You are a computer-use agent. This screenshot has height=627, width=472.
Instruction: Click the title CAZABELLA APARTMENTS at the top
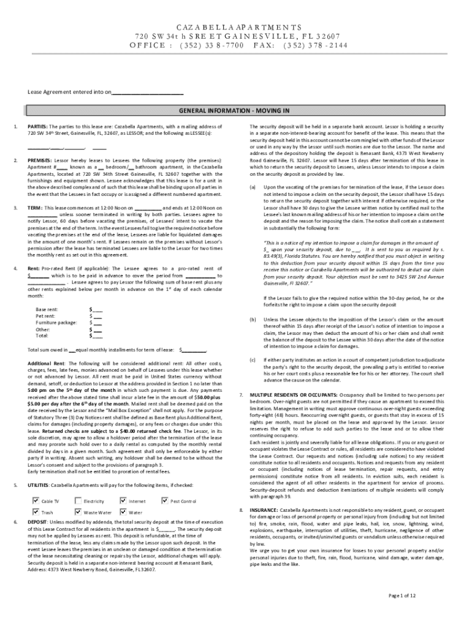pyautogui.click(x=235, y=28)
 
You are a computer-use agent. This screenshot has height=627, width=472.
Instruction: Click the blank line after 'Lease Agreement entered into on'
pyautogui.click(x=148, y=92)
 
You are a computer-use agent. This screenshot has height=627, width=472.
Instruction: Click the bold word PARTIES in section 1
pyautogui.click(x=38, y=126)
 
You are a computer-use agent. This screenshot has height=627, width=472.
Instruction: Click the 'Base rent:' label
pyautogui.click(x=47, y=310)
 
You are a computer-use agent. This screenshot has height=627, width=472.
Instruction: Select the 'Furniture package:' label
pyautogui.click(x=56, y=323)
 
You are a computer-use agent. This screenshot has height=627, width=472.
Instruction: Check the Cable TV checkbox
pyautogui.click(x=36, y=501)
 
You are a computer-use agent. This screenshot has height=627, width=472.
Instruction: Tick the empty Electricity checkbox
pyautogui.click(x=78, y=501)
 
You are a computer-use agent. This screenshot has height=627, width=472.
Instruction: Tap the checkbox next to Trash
pyautogui.click(x=36, y=511)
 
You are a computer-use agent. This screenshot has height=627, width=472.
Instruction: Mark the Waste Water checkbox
pyautogui.click(x=78, y=511)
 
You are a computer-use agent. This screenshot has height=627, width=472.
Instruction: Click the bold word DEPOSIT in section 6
pyautogui.click(x=39, y=522)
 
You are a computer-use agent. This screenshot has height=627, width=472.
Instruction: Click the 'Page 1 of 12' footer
pyautogui.click(x=402, y=595)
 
